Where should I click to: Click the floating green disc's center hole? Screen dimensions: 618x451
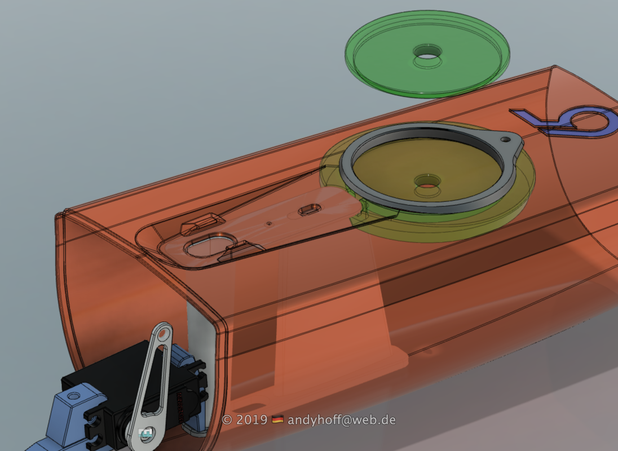[x=427, y=52]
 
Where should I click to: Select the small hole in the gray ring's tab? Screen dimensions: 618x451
[x=505, y=139]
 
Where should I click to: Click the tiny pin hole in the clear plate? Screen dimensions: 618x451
[x=269, y=224]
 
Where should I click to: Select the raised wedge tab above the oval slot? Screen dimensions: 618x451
[x=202, y=223]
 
